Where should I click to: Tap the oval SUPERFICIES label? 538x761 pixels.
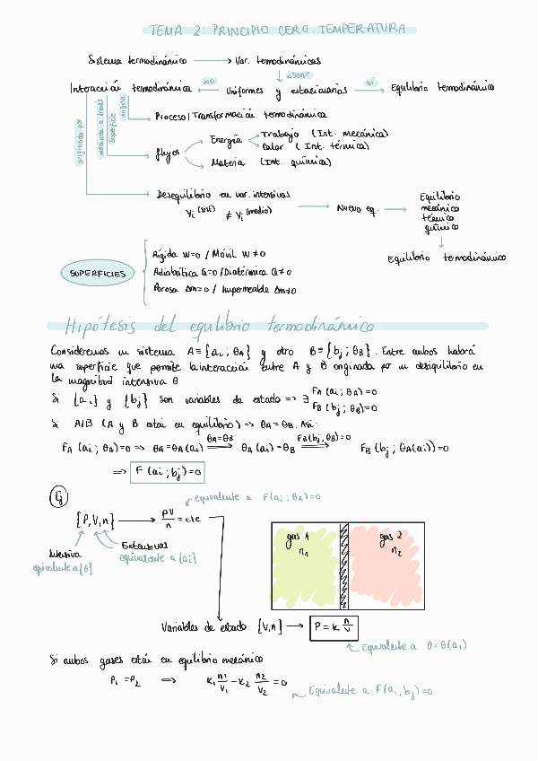pos(99,273)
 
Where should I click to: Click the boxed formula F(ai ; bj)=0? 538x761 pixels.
pos(168,470)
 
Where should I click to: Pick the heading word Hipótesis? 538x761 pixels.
pos(99,325)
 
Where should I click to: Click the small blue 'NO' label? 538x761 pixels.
pos(210,81)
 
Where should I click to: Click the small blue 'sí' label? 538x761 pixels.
pos(370,82)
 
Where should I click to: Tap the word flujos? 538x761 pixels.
pos(169,153)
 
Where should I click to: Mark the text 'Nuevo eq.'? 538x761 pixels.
pos(356,208)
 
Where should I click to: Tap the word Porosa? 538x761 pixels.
pos(167,290)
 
